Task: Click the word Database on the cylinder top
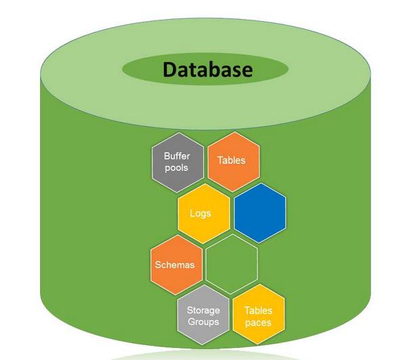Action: click(208, 70)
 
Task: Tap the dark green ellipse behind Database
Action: click(205, 69)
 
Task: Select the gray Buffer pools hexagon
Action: click(178, 162)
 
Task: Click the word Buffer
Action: click(177, 156)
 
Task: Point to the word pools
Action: click(176, 168)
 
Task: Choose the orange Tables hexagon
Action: click(234, 162)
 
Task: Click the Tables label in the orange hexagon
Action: click(231, 160)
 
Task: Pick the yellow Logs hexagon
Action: click(204, 214)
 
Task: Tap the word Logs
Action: click(201, 213)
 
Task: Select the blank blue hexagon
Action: click(260, 213)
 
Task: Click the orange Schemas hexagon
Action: click(176, 265)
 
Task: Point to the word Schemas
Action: click(175, 265)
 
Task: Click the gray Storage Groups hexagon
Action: click(203, 315)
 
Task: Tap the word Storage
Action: click(203, 310)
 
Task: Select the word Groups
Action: click(203, 322)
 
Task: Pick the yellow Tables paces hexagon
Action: click(259, 315)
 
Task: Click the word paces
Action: click(258, 323)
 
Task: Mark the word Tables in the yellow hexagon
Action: click(258, 311)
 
